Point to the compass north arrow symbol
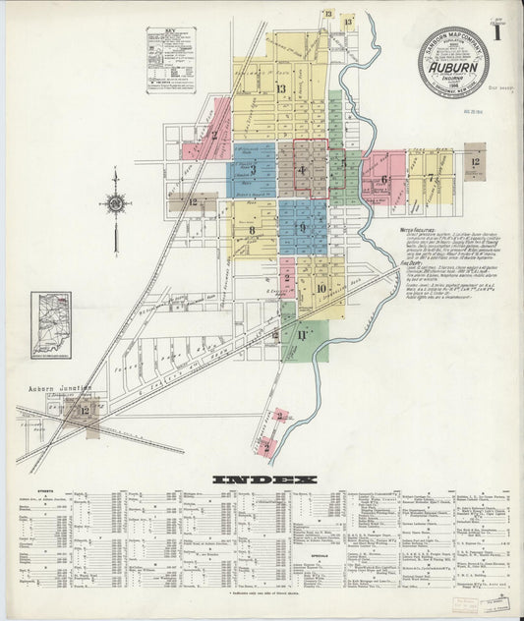[x=116, y=204]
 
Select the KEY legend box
[x=170, y=59]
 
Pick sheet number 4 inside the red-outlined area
[x=303, y=171]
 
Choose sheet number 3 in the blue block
[x=253, y=169]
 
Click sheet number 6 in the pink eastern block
[x=384, y=179]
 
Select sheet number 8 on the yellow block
[x=252, y=230]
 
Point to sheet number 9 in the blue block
[x=303, y=228]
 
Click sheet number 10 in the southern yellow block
[x=321, y=288]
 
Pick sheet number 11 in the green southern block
[x=303, y=336]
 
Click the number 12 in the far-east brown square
[x=475, y=160]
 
